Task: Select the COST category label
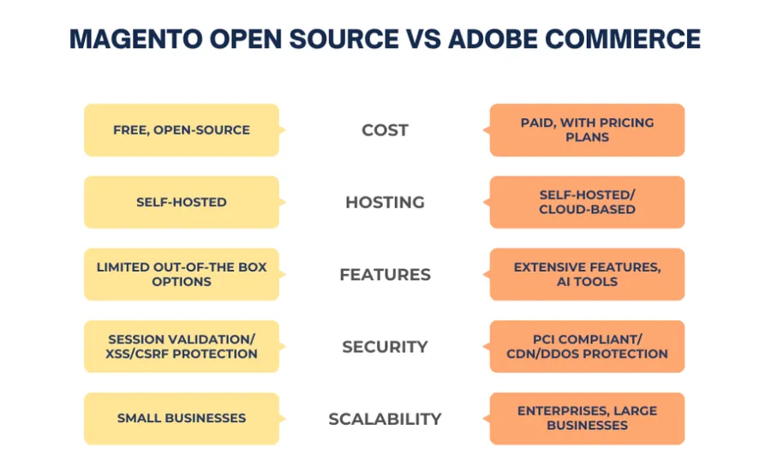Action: tap(385, 130)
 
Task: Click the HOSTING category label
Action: tap(385, 202)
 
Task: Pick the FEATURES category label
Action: tap(385, 275)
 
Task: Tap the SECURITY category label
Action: tap(385, 347)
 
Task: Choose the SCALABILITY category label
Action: tap(385, 419)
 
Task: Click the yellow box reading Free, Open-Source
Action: tap(182, 130)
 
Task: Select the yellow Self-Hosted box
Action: tap(182, 202)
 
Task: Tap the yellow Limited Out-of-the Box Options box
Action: tap(182, 274)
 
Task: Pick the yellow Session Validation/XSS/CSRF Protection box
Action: tap(182, 346)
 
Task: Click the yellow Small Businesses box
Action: tap(182, 418)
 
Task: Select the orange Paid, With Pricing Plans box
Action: tap(587, 130)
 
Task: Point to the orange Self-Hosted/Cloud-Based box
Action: tap(587, 202)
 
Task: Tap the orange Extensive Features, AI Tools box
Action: tap(587, 274)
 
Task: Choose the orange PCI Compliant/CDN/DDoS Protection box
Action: tap(587, 346)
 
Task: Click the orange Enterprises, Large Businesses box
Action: tap(587, 418)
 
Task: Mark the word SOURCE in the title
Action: tap(341, 39)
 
